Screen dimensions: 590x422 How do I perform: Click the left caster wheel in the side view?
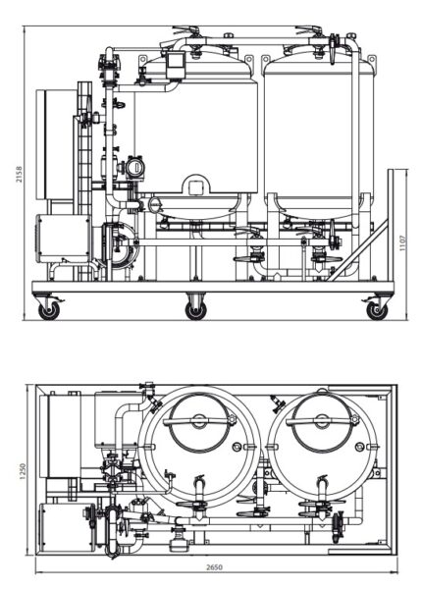pos(47,310)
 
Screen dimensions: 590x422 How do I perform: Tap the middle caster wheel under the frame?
pos(196,310)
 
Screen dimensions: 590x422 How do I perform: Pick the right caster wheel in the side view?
pos(376,310)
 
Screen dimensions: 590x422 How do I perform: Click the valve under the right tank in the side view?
pos(322,259)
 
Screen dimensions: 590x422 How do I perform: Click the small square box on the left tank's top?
pos(177,62)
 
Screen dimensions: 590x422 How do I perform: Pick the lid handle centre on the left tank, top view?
pos(199,419)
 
